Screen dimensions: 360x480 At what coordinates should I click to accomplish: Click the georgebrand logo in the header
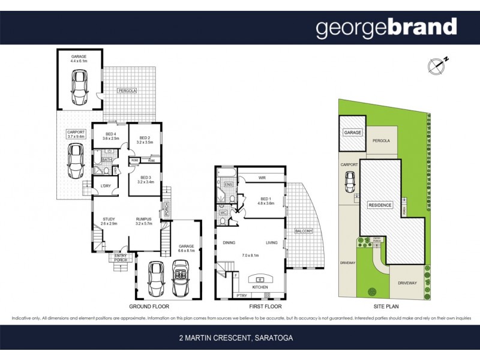[386, 28]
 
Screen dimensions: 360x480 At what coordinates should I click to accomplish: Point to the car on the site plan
[350, 180]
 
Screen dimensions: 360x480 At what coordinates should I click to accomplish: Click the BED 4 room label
[110, 134]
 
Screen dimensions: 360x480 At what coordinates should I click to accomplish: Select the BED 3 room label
[145, 178]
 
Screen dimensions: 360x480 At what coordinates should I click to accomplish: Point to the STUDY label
[109, 219]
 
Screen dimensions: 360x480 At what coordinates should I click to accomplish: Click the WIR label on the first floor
[262, 178]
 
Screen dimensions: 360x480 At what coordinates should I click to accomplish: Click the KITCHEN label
[260, 287]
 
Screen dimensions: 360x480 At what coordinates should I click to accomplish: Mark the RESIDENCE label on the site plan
[380, 205]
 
